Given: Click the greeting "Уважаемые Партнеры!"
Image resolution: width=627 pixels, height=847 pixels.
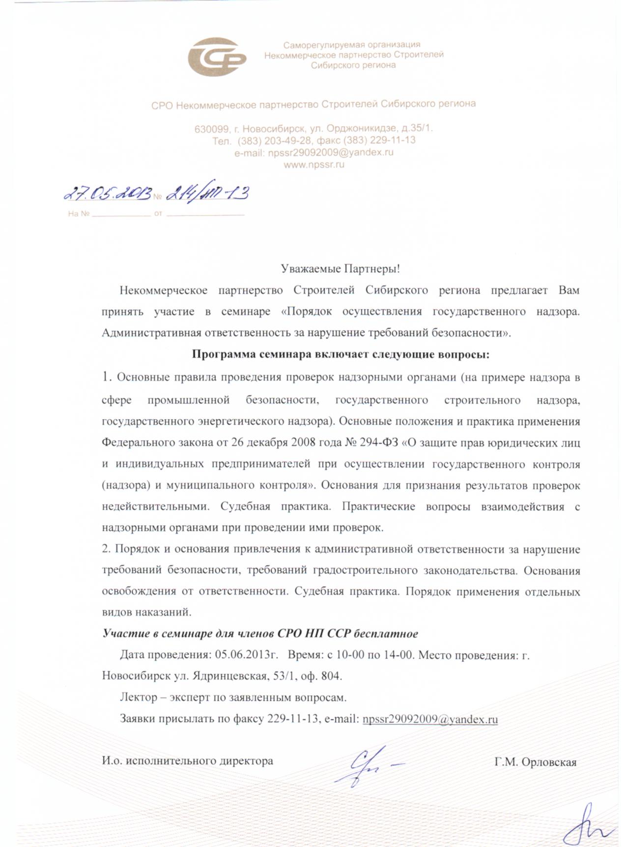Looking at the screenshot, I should coord(341,269).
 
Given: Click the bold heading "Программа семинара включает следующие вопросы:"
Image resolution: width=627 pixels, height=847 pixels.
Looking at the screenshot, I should coord(341,354).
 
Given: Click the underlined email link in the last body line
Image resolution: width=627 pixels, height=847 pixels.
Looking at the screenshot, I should coord(430,719).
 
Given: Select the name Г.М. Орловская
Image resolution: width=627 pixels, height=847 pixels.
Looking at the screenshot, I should coord(535,762).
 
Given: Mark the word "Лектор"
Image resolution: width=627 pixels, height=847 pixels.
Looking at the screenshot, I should coord(139,698).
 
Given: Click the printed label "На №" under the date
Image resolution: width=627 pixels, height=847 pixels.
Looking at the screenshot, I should coord(79,214).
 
